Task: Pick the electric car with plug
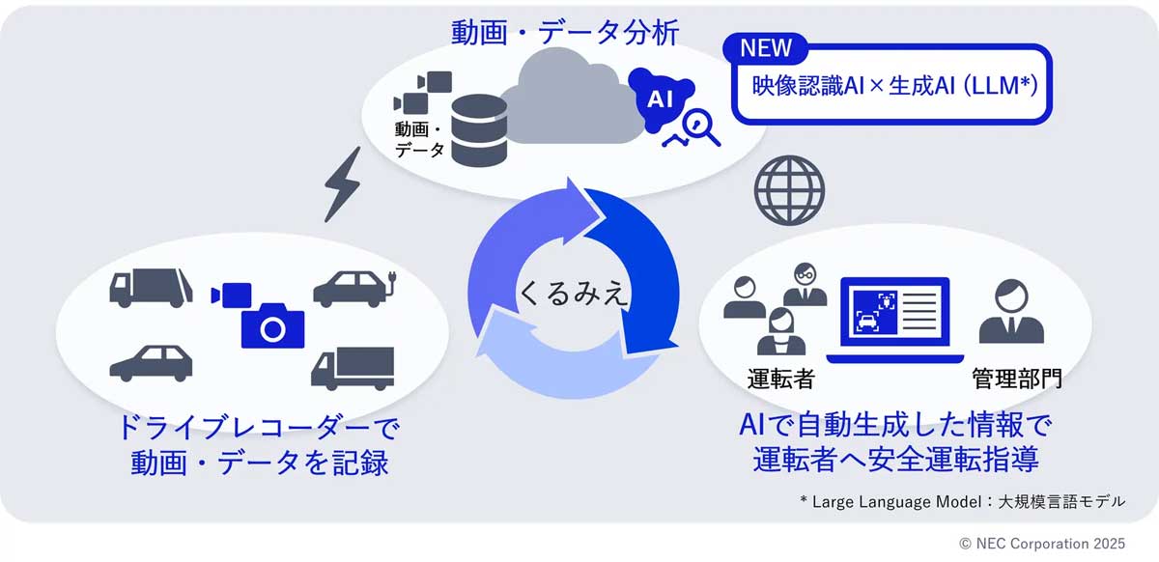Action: (x=353, y=287)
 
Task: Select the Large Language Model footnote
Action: (x=962, y=500)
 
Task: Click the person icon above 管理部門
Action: (x=1010, y=311)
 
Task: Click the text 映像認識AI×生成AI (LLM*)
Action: (x=894, y=85)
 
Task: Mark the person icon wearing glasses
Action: (x=805, y=285)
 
